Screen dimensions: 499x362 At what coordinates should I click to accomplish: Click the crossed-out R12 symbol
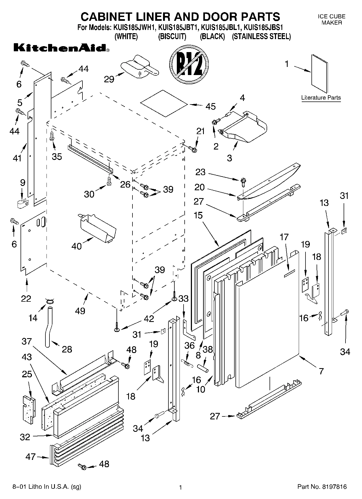[189, 64]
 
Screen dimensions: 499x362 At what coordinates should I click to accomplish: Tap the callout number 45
[210, 106]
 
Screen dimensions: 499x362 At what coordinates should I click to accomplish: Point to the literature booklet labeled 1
[319, 74]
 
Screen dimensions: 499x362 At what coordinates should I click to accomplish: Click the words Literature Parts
[321, 98]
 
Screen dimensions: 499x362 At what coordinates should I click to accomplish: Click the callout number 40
[77, 246]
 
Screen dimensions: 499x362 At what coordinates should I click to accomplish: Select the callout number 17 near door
[284, 237]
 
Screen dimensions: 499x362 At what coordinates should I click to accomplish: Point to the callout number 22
[26, 298]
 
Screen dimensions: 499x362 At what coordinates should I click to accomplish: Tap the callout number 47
[30, 457]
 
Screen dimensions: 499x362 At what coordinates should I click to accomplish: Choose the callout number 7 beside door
[321, 371]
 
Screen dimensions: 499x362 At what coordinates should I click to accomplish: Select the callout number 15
[198, 215]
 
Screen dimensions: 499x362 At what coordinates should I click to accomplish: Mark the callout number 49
[80, 311]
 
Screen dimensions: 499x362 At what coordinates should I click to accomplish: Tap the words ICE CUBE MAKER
[331, 20]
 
